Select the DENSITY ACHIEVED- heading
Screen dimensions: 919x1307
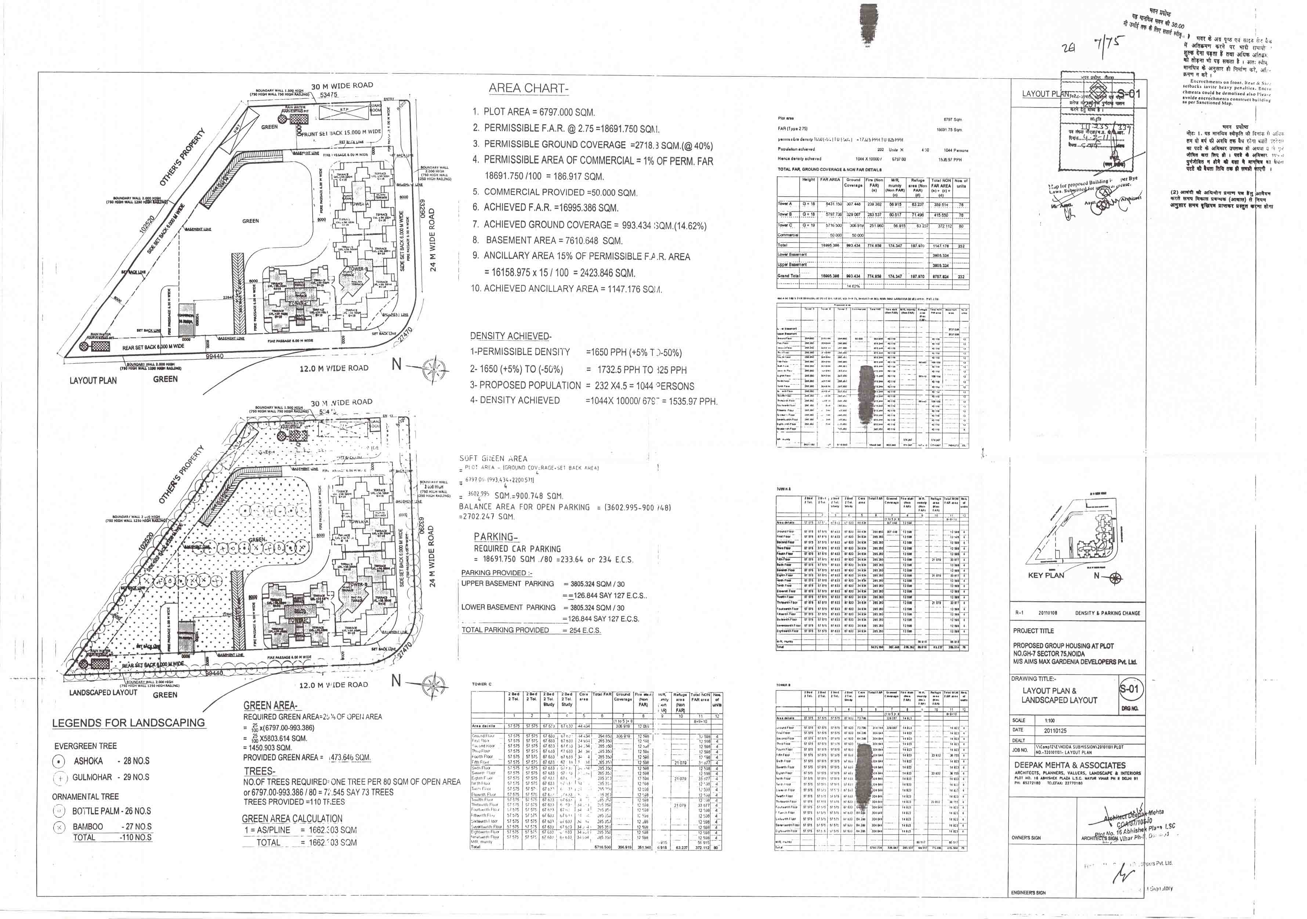[x=511, y=336]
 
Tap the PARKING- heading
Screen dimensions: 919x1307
[x=496, y=536]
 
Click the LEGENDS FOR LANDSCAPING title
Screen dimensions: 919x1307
[x=128, y=723]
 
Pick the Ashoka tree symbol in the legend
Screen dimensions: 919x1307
[x=59, y=761]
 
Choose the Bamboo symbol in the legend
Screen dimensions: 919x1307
[x=59, y=827]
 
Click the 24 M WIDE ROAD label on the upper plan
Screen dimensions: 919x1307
[x=432, y=239]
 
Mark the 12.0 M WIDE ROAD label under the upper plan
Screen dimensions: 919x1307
[x=334, y=368]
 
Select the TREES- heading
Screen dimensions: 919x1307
[x=260, y=771]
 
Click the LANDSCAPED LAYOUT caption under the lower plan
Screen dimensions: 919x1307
[x=103, y=692]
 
